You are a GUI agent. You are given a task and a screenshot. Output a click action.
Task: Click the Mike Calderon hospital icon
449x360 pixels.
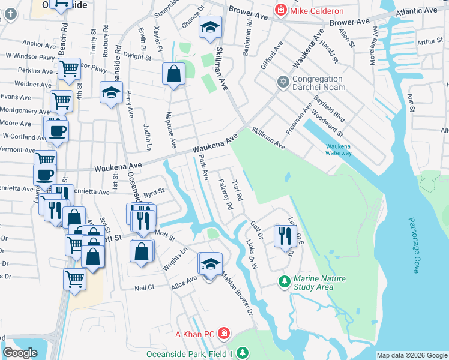[280, 10]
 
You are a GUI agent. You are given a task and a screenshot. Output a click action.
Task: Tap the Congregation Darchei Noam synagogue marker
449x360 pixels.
[283, 81]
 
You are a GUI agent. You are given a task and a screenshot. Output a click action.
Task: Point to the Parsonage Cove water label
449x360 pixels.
[414, 246]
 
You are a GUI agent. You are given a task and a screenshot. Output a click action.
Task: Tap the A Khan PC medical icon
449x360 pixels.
[223, 332]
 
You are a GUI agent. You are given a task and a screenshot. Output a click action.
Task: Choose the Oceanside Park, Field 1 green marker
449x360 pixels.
[241, 353]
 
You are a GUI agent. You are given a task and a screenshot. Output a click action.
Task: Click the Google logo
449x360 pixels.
[20, 353]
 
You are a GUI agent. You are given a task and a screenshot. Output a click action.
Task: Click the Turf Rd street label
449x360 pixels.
[238, 190]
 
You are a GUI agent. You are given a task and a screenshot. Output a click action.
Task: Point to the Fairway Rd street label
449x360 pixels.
[226, 194]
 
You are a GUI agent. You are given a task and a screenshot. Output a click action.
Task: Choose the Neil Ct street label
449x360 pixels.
[145, 288]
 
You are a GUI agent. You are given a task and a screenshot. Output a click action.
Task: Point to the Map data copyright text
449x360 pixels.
[412, 355]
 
